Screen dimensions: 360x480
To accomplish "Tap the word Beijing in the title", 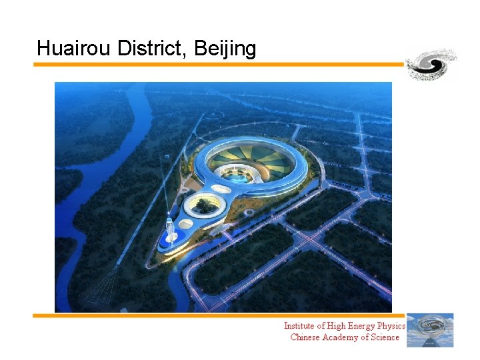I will [225, 49].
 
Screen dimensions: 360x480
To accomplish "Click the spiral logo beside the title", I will [431, 65].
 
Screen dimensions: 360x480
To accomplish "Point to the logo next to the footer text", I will [430, 330].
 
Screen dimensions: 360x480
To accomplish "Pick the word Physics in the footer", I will [390, 326].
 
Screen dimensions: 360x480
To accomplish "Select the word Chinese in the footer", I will [307, 337].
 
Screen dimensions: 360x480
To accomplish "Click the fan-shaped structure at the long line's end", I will [103, 287].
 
